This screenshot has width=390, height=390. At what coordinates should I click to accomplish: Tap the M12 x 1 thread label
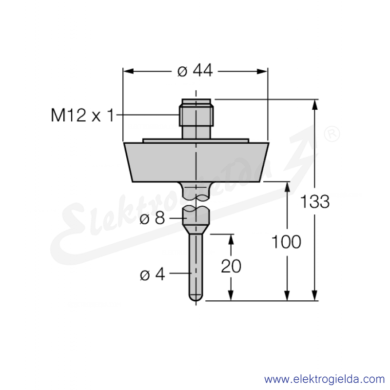(x=82, y=115)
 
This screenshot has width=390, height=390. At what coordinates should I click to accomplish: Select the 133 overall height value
(x=315, y=201)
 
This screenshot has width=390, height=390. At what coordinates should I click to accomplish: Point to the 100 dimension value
(x=286, y=242)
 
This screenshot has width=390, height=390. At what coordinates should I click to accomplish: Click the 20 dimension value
(x=231, y=266)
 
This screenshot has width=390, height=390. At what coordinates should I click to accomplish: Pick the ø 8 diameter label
(x=152, y=218)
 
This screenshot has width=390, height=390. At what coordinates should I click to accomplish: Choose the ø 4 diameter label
(x=153, y=274)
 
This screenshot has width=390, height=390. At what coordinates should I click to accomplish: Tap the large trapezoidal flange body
(x=196, y=162)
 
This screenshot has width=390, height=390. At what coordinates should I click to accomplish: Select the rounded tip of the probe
(x=196, y=298)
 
